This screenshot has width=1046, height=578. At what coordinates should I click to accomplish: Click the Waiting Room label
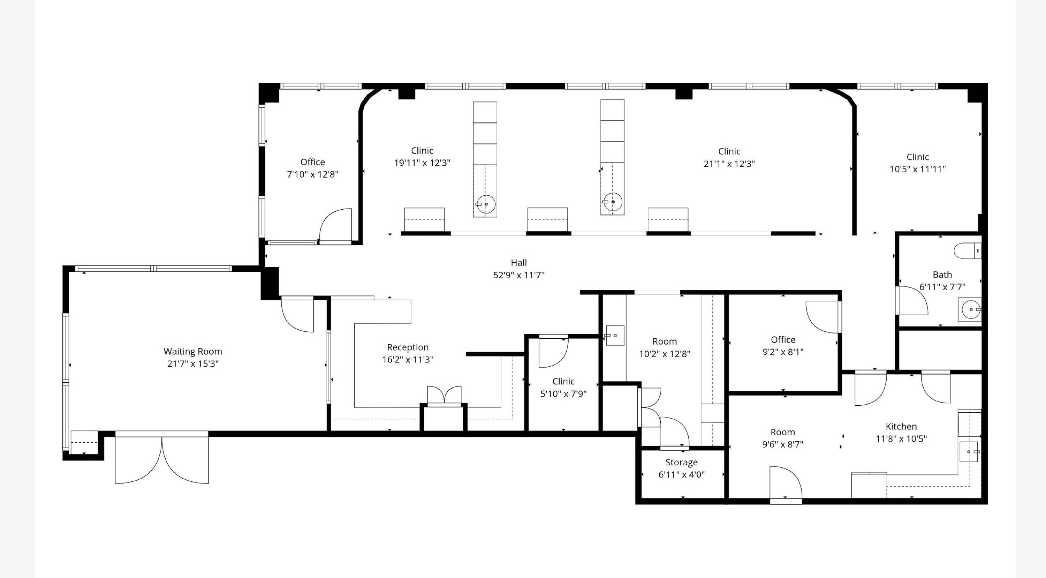pos(193,351)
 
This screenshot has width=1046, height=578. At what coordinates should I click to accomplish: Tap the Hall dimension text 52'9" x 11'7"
pos(518,275)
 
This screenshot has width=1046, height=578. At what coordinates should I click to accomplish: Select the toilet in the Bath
pos(967,251)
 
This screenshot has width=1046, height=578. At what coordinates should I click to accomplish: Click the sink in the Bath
pos(970,309)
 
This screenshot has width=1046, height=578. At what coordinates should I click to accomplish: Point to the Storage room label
pos(681,462)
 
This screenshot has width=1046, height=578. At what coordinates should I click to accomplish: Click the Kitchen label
pos(901,427)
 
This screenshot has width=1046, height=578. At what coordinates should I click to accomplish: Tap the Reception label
pos(408,347)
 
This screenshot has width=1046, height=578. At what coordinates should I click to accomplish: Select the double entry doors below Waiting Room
pos(162,457)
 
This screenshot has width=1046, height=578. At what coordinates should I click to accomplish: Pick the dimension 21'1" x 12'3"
pos(729,164)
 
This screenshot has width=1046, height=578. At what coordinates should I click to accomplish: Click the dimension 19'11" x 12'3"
pos(422,163)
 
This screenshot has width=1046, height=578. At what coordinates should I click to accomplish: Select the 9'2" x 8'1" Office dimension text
pos(783,352)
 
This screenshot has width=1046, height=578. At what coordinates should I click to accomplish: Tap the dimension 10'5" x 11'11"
pos(918,170)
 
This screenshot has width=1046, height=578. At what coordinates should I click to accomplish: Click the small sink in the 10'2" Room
pos(615,336)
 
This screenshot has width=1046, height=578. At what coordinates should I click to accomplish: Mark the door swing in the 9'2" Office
pos(823,317)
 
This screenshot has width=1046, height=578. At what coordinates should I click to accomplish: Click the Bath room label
pos(942,275)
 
